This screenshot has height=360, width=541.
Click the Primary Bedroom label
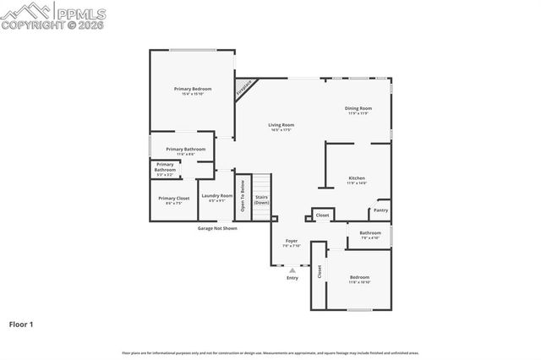[193, 90]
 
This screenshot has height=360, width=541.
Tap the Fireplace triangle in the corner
[243, 88]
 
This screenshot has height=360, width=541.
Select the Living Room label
[281, 127]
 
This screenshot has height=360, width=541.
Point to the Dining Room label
[358, 109]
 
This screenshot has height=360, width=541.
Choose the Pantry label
[381, 210]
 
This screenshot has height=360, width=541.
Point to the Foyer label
[292, 243]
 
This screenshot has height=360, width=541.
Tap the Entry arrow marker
[292, 270]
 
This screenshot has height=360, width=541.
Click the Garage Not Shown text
[217, 228]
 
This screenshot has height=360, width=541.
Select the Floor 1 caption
[21, 324]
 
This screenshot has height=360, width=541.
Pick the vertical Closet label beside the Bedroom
[320, 272]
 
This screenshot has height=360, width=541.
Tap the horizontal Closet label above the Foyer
[322, 215]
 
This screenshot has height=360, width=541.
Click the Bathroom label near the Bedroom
[370, 234]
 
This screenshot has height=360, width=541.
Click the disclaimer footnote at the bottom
[270, 352]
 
